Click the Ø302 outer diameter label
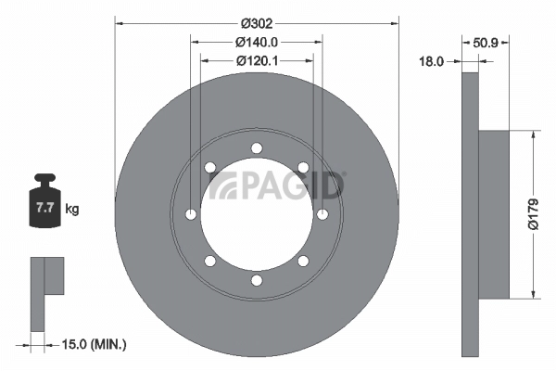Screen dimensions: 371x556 (257, 23)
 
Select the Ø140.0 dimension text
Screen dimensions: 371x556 (257, 42)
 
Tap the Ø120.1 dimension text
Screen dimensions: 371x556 (258, 60)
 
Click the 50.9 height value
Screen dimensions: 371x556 (486, 42)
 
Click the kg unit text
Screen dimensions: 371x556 (72, 209)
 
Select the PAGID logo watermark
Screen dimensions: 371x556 (276, 185)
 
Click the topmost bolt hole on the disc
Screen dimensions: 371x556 (257, 147)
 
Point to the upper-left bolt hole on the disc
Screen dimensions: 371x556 (210, 167)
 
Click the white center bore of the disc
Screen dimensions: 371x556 (257, 223)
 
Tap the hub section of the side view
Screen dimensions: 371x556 (494, 214)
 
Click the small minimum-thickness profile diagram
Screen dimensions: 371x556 (46, 292)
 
